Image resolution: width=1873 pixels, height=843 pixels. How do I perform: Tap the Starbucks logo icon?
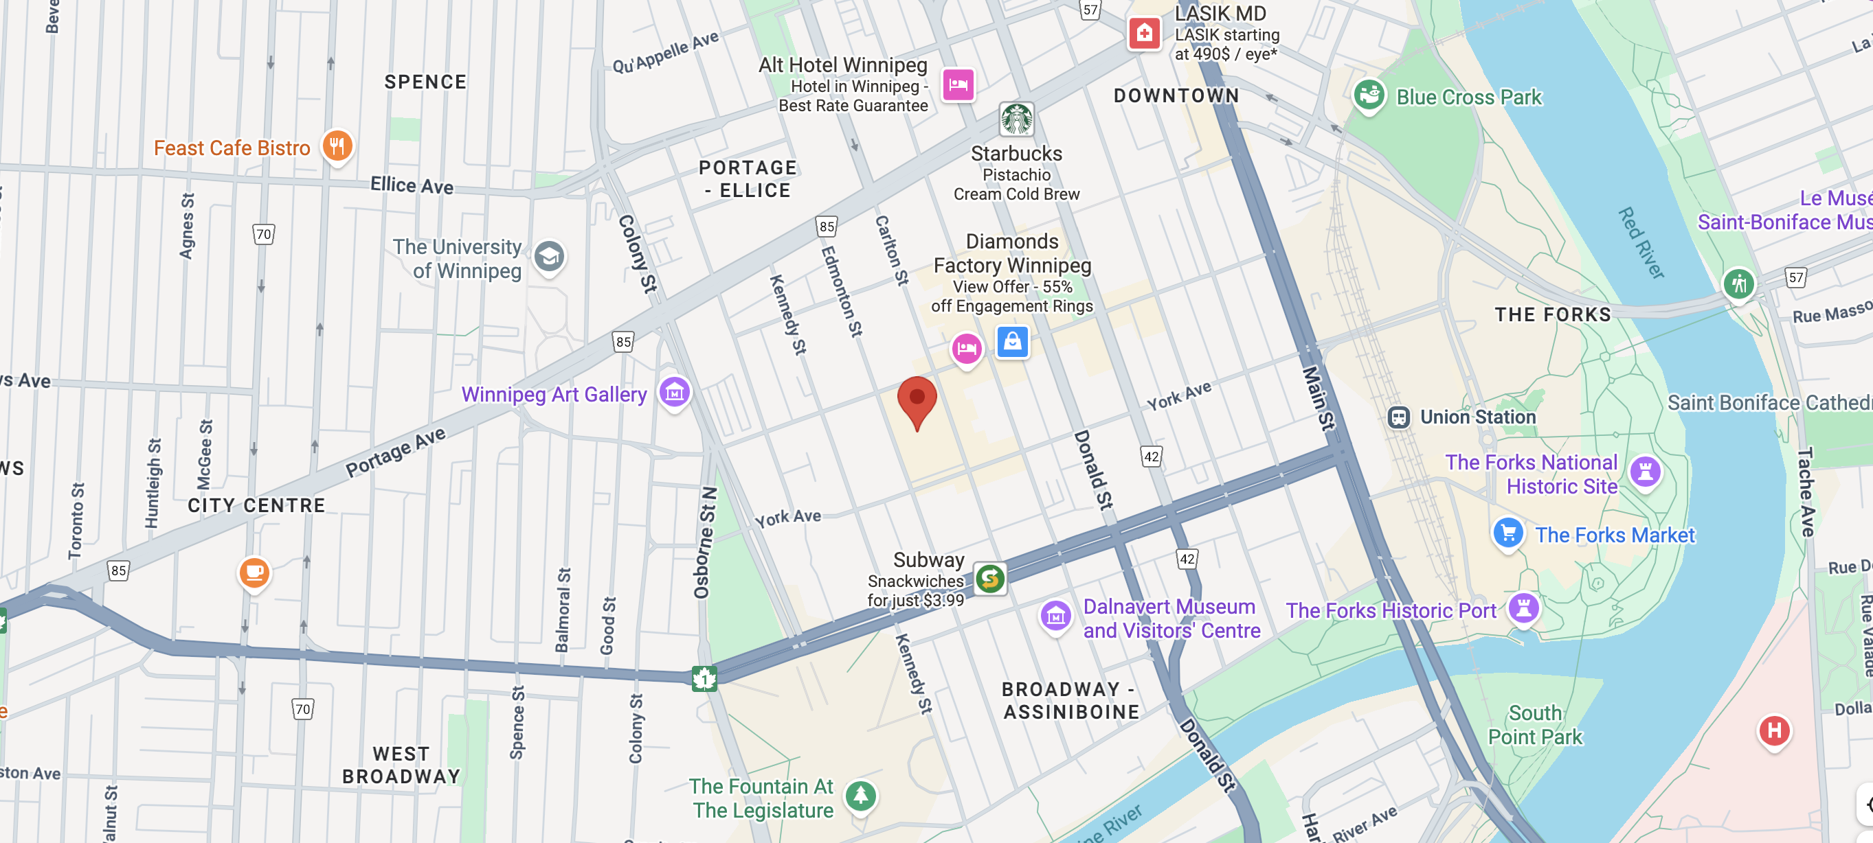click(1016, 119)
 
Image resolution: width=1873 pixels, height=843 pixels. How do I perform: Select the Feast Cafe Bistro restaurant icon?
click(337, 146)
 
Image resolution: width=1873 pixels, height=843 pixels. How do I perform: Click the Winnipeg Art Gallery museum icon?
click(674, 393)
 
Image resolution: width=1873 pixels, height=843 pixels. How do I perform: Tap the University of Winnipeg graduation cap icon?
click(549, 257)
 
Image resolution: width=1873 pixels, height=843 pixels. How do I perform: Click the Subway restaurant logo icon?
click(989, 579)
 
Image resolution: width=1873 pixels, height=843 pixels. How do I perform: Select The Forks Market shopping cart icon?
click(1508, 533)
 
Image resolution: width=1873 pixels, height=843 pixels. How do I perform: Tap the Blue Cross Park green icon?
click(1369, 95)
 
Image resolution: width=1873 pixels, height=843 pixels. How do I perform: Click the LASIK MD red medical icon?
click(1144, 33)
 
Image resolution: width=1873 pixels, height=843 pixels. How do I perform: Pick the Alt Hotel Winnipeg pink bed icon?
click(958, 84)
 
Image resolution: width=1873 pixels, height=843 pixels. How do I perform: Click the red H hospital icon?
click(1774, 730)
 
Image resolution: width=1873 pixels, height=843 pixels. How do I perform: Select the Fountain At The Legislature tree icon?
click(861, 795)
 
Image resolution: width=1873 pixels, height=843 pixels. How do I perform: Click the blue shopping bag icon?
click(1012, 340)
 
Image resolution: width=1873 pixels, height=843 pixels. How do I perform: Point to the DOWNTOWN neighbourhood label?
click(1176, 96)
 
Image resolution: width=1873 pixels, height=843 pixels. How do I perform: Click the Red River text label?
click(1640, 243)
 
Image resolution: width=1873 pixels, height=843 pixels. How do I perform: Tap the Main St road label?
click(1318, 397)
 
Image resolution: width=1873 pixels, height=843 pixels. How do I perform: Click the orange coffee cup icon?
click(254, 573)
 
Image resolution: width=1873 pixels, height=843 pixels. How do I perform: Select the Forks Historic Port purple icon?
click(1523, 608)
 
